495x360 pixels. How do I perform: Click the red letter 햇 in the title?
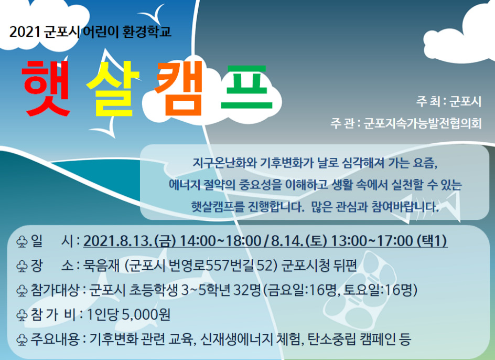(46, 88)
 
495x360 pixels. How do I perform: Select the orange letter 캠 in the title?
(179, 88)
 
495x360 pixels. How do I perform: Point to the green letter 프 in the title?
(246, 87)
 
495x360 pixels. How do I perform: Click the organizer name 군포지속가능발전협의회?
(423, 123)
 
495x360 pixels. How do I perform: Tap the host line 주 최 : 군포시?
(449, 101)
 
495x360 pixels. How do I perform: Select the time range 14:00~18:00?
(220, 241)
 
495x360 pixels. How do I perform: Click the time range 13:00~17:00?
(372, 241)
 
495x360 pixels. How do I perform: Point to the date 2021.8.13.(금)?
(130, 241)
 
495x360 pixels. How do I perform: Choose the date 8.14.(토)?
(299, 241)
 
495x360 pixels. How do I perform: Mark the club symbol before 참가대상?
(22, 290)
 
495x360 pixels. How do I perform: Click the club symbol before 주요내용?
(22, 340)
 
